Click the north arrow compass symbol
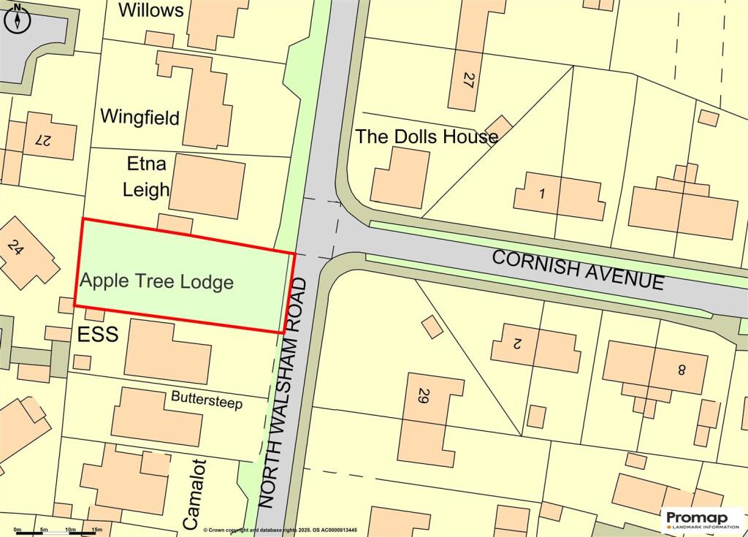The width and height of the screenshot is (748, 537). (x=18, y=18)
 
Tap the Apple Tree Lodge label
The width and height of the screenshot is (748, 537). (x=156, y=281)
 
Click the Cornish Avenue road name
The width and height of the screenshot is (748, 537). (x=578, y=269)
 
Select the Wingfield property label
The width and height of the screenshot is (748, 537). (x=140, y=116)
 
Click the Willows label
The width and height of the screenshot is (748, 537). (x=150, y=10)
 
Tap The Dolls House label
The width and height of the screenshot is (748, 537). (x=427, y=136)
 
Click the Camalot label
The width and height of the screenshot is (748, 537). (x=191, y=495)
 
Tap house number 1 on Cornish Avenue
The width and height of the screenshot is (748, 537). (x=541, y=194)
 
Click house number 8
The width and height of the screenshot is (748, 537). (x=682, y=370)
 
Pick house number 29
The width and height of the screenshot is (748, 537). (x=423, y=397)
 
